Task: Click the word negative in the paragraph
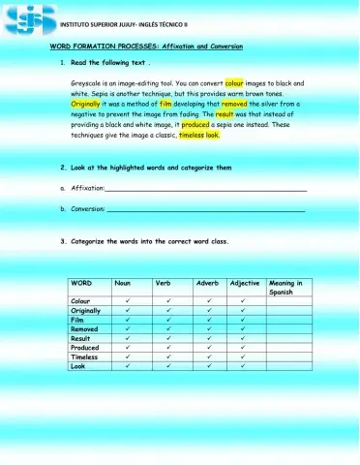pyautogui.click(x=88, y=113)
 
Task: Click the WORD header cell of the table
pyautogui.click(x=81, y=283)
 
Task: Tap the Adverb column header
pyautogui.click(x=208, y=283)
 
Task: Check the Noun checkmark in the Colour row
pyautogui.click(x=128, y=301)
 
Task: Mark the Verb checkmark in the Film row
pyautogui.click(x=168, y=320)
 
